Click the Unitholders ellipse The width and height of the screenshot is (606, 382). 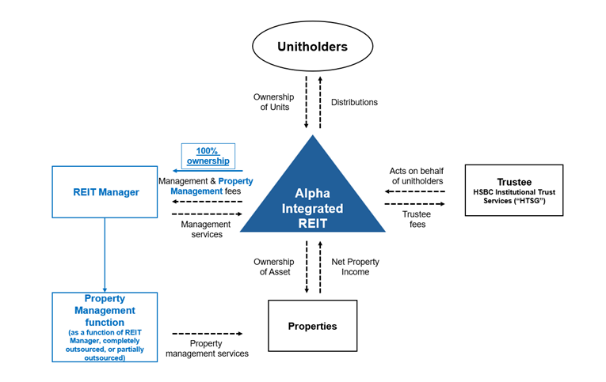click(312, 47)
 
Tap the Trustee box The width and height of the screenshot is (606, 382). click(513, 191)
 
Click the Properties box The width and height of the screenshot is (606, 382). click(312, 326)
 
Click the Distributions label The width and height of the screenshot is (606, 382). click(354, 102)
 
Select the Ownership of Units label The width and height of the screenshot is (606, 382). click(273, 102)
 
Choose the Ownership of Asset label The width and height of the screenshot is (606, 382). click(273, 267)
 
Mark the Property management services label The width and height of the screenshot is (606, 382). click(207, 348)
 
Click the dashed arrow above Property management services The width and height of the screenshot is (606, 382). click(208, 334)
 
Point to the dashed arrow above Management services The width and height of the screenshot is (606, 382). click(206, 214)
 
